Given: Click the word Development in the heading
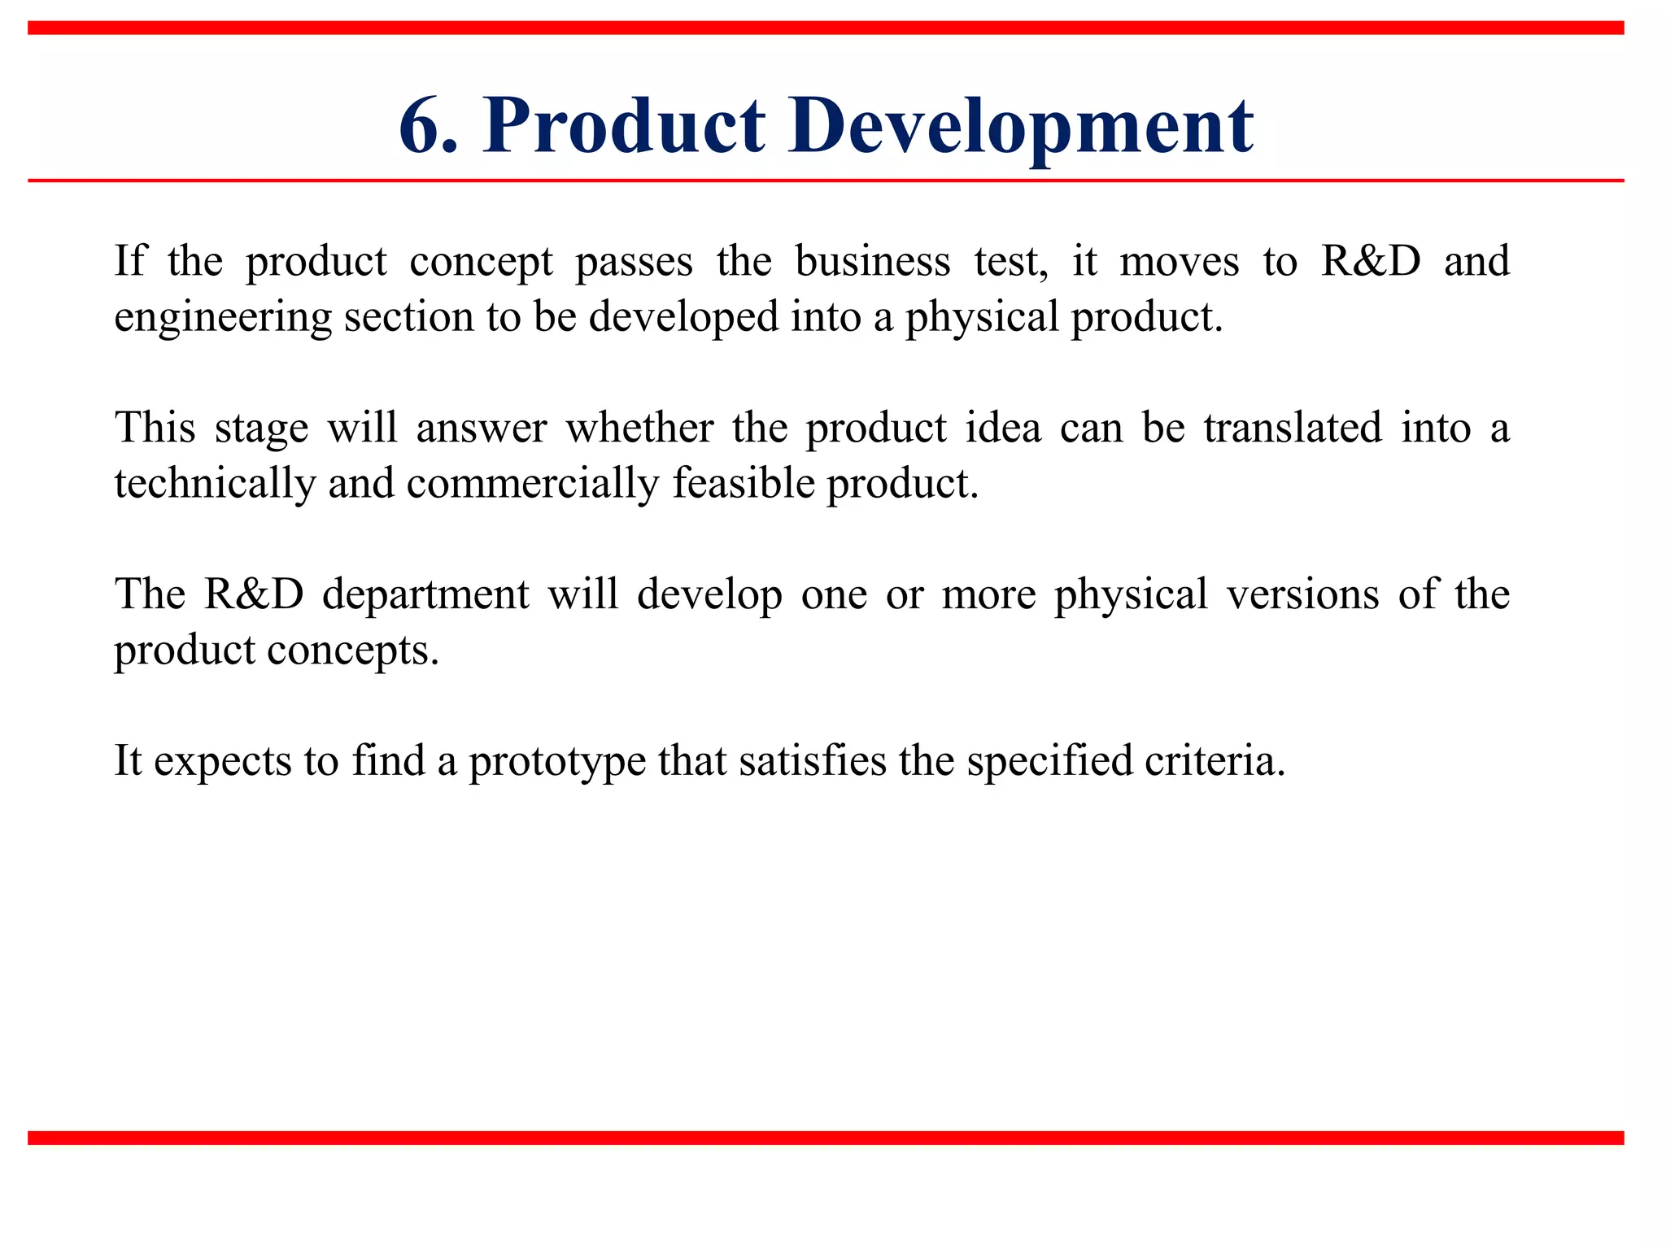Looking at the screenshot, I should (x=1020, y=126).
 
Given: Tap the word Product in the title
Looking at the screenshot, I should (x=624, y=126).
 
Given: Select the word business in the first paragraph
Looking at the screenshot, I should (x=872, y=262).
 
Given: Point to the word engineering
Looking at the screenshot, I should (x=222, y=317).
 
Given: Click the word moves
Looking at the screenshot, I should (x=1179, y=262).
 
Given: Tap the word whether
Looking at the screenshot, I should (x=639, y=429).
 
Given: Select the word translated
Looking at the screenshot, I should (x=1293, y=429).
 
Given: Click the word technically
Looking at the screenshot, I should (x=214, y=484).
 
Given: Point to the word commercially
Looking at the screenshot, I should (x=532, y=484).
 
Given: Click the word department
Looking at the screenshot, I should (x=425, y=594).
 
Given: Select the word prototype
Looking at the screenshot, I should (x=557, y=762).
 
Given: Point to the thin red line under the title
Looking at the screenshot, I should (x=826, y=181).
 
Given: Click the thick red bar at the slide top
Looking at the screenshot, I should (x=826, y=28).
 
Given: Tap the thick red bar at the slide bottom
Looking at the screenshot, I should (x=826, y=1138).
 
